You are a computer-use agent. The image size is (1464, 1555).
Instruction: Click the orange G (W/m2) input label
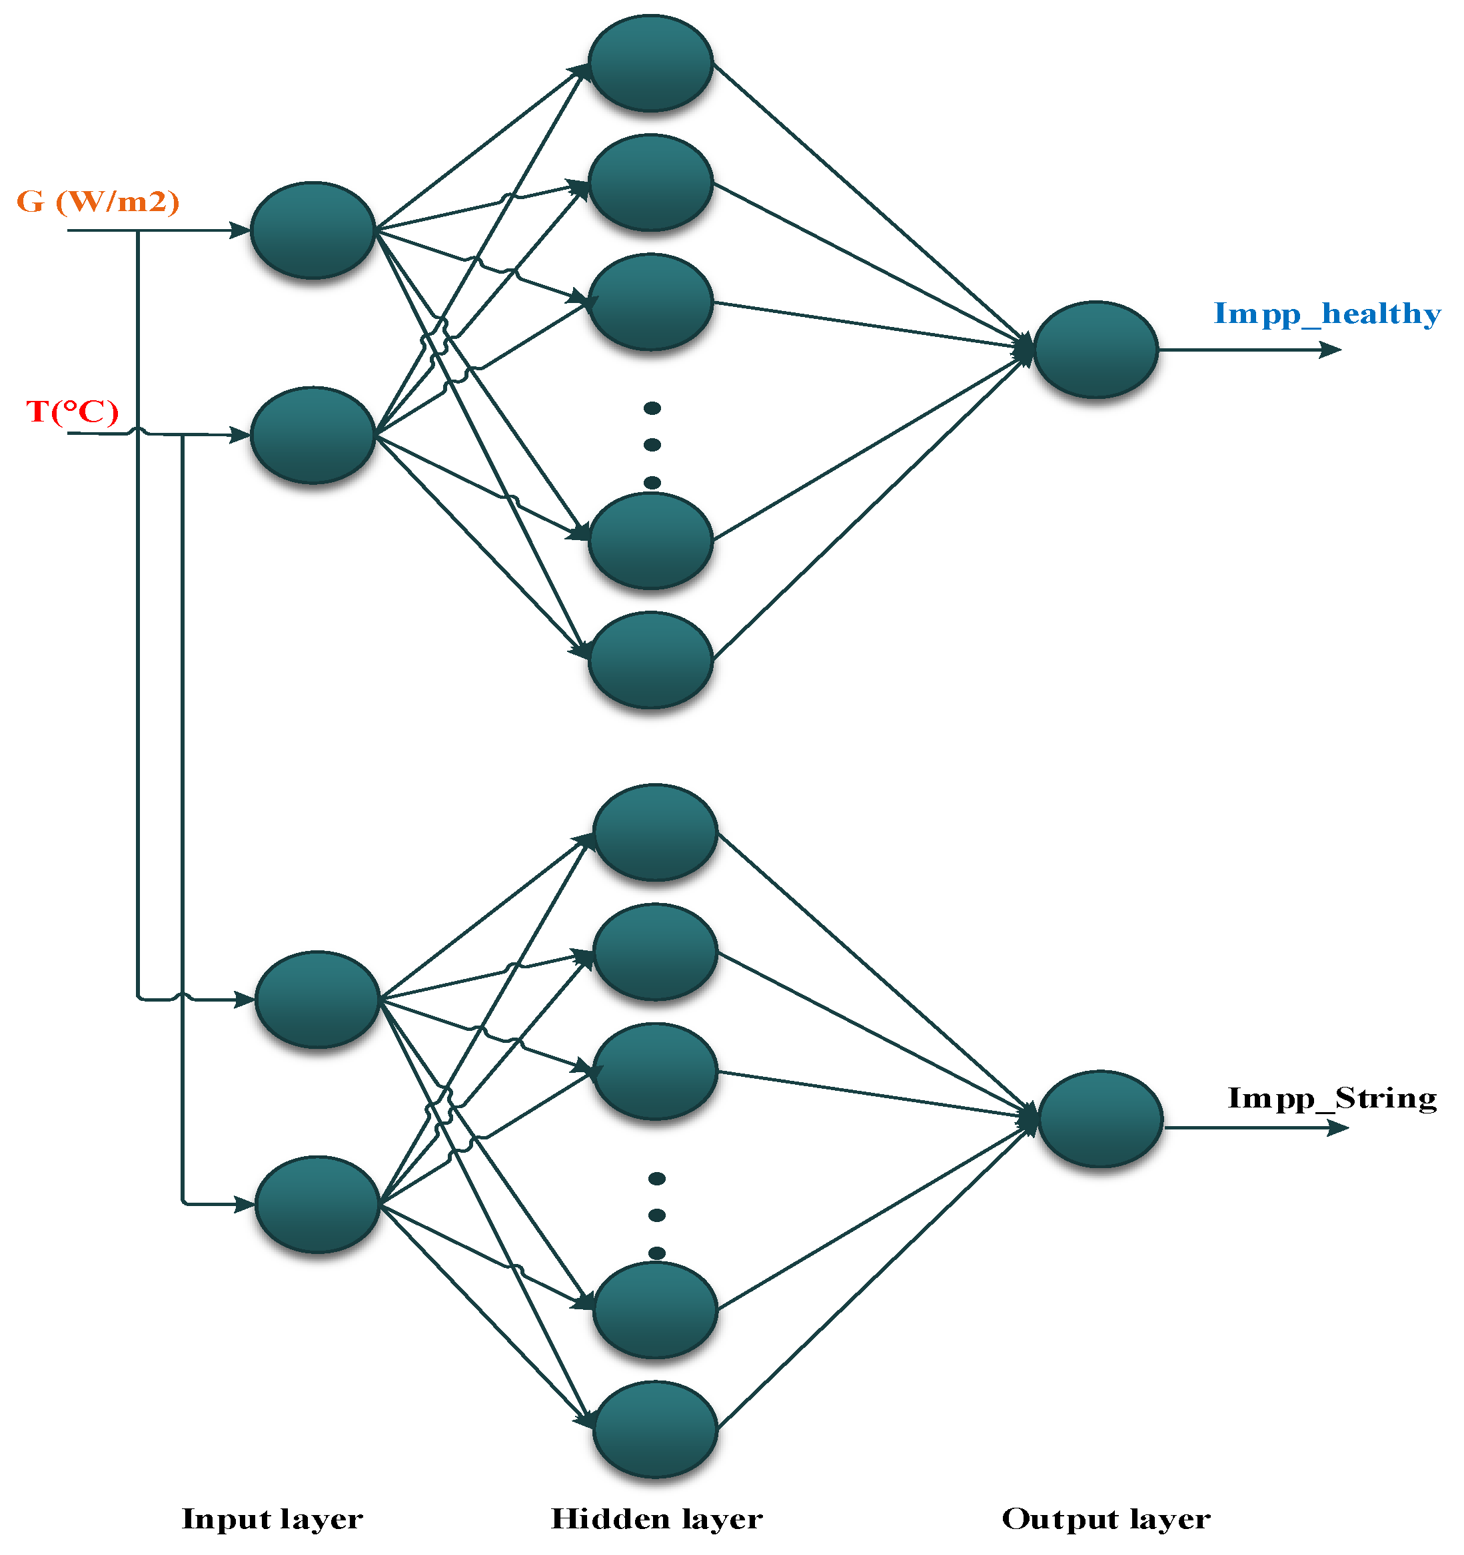(x=98, y=202)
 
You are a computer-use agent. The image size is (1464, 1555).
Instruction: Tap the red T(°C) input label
(x=72, y=412)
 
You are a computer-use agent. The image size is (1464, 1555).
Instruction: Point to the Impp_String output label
(x=1332, y=1098)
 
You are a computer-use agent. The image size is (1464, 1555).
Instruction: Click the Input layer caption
(x=273, y=1519)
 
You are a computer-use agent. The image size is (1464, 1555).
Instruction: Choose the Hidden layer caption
(x=656, y=1519)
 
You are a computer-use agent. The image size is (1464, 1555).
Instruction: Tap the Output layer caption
(x=1105, y=1519)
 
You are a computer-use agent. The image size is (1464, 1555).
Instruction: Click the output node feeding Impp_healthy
(x=1095, y=350)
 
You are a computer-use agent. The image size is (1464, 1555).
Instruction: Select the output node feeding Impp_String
(x=1099, y=1119)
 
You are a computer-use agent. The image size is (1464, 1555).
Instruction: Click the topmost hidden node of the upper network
(x=650, y=63)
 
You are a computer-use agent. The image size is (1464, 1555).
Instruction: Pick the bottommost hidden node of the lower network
(x=655, y=1430)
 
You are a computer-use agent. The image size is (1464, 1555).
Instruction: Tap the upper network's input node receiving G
(x=313, y=230)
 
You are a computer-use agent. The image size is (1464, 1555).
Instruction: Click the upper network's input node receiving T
(x=313, y=435)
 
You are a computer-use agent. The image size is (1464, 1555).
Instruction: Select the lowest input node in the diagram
(x=317, y=1205)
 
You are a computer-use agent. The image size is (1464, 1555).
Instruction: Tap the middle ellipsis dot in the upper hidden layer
(x=652, y=445)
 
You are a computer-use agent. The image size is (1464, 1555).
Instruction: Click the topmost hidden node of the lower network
(x=655, y=833)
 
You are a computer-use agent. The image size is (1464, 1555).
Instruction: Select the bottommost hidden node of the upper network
(x=650, y=660)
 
